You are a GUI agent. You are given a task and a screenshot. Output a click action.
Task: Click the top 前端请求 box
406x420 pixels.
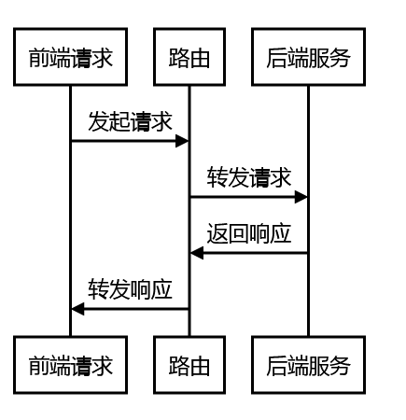(x=70, y=57)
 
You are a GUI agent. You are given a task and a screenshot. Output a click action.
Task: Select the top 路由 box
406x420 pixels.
(x=189, y=57)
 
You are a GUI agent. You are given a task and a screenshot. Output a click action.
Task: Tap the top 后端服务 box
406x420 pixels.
(x=308, y=57)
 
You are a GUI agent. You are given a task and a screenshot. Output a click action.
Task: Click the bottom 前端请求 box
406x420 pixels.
(x=70, y=365)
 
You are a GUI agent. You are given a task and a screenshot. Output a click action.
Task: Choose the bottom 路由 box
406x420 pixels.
(x=189, y=365)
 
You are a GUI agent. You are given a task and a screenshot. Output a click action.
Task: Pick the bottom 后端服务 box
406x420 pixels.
(x=308, y=365)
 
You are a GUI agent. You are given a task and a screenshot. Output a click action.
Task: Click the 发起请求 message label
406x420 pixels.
(x=130, y=121)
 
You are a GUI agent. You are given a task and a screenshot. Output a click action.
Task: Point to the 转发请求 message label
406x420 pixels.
(x=249, y=177)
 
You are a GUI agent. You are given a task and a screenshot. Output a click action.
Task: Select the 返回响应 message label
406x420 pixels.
(x=249, y=233)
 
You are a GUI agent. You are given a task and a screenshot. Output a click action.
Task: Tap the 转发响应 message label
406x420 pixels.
(x=130, y=289)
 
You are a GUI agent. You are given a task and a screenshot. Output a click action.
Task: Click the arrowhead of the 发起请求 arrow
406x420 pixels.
(x=182, y=141)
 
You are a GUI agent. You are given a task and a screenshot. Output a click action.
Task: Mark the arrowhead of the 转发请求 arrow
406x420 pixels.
(x=301, y=197)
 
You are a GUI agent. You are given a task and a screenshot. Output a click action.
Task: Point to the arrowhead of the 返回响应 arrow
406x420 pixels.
(x=197, y=253)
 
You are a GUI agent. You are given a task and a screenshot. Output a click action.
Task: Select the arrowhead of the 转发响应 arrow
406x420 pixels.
(x=77, y=309)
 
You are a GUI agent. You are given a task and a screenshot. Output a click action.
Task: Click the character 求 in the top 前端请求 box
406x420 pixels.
(x=102, y=58)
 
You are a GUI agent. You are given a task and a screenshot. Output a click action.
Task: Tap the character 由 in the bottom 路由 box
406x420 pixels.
(x=200, y=366)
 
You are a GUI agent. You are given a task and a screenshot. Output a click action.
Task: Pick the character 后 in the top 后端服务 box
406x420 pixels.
(x=277, y=58)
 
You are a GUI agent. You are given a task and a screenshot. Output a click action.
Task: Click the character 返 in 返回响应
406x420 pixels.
(x=217, y=233)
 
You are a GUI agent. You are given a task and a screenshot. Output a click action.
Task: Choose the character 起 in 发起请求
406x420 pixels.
(x=119, y=121)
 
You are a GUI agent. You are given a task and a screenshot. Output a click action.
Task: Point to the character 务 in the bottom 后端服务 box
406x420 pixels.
(x=340, y=366)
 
